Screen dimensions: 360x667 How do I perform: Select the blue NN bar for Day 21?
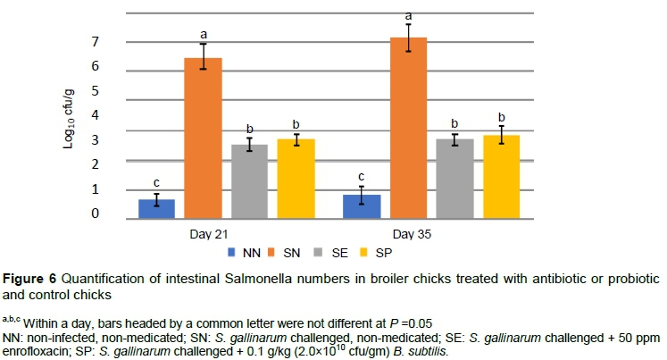click(x=156, y=207)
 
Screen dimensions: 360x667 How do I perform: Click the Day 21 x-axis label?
click(x=226, y=234)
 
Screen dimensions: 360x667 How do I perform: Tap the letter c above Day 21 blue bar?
click(x=156, y=182)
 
